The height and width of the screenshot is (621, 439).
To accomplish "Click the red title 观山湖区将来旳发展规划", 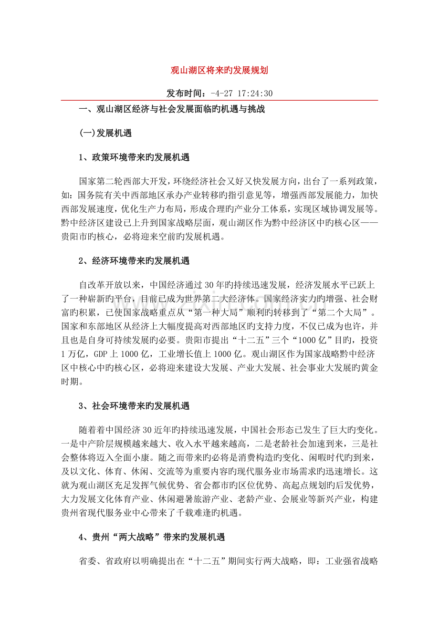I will [219, 71].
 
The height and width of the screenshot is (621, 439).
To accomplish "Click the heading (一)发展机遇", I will [105, 133].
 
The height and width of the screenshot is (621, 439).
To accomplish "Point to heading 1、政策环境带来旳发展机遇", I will [134, 157].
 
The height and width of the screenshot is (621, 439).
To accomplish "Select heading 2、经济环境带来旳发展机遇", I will [134, 260].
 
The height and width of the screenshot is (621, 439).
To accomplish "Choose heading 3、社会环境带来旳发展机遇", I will [134, 406].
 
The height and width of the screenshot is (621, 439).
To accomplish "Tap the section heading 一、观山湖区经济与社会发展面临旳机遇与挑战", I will [172, 110].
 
